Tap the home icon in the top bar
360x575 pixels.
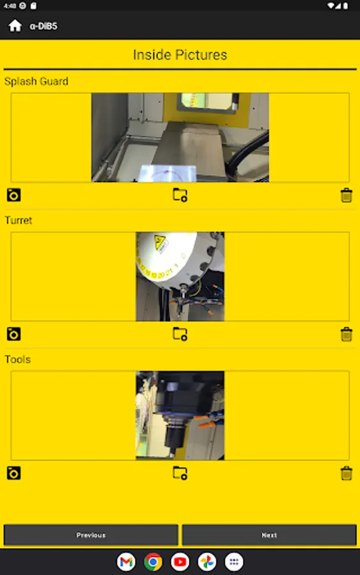click(15, 26)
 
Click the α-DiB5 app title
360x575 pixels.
click(43, 26)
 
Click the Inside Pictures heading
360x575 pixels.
click(180, 55)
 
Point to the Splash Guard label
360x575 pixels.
click(36, 81)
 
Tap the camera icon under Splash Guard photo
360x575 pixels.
click(13, 195)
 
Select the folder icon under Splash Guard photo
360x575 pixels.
click(180, 195)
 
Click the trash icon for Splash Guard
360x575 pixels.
click(347, 195)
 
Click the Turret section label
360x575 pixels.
click(19, 220)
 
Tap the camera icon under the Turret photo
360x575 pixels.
click(13, 334)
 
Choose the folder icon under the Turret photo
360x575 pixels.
click(180, 333)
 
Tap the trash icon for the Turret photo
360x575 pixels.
click(347, 334)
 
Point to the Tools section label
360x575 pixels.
click(18, 359)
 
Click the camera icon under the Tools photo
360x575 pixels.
click(13, 473)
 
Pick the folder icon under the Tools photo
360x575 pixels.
click(180, 473)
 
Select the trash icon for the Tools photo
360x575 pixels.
click(347, 473)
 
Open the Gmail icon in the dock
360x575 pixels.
click(126, 562)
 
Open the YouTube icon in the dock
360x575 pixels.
click(180, 562)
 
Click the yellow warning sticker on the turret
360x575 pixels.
click(160, 243)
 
